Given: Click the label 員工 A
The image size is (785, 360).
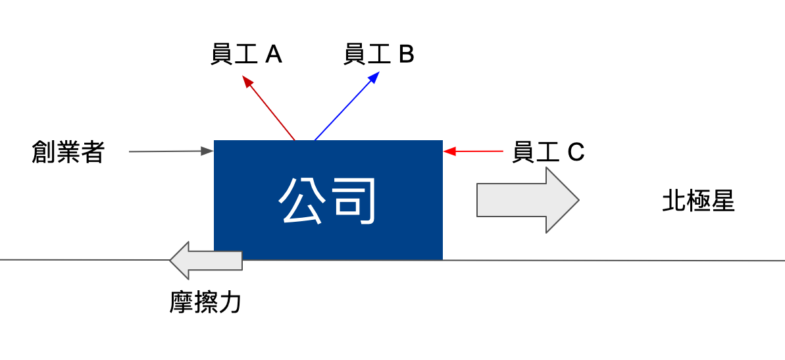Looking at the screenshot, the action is click(x=246, y=55).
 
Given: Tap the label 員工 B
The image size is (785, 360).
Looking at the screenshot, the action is click(x=379, y=55).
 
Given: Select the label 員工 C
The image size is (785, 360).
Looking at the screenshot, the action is click(x=548, y=152).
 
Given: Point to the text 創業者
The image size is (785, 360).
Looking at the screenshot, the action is click(x=68, y=152).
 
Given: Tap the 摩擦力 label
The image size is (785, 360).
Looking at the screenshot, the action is click(x=205, y=303).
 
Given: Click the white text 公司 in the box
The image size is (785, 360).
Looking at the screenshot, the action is click(x=326, y=201).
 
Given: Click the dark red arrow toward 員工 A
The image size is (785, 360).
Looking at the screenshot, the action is click(x=268, y=108).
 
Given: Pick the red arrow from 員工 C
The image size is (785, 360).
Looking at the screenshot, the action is click(x=473, y=151).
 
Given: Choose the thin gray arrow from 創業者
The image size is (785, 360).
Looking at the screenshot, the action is click(x=171, y=151).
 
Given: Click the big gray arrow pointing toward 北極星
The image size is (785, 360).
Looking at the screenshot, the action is click(x=528, y=200).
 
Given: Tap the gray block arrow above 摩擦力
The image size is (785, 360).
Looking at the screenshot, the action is click(x=206, y=261).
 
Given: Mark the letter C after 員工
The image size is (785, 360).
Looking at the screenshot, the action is click(x=576, y=152).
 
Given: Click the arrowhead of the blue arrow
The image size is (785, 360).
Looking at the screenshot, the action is click(x=374, y=77).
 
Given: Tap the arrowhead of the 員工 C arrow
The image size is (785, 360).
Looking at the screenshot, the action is click(x=449, y=151).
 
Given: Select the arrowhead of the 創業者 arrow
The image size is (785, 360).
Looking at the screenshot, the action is click(x=207, y=151).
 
